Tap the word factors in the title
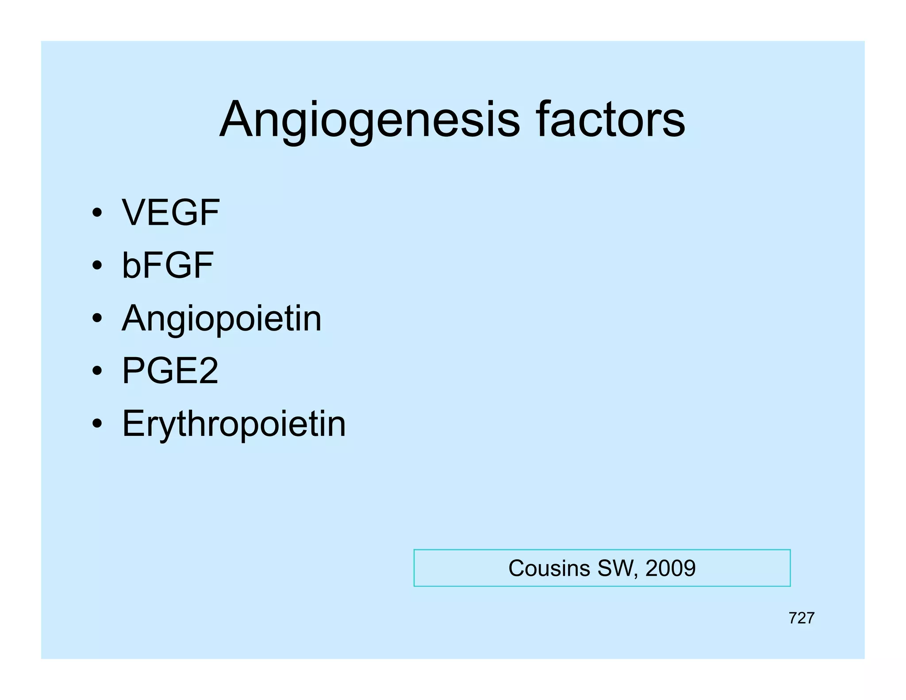(610, 119)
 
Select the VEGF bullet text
(170, 213)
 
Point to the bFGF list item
(167, 265)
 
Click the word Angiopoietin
(222, 319)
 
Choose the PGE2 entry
(170, 371)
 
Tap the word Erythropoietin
(234, 424)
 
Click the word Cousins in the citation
(549, 568)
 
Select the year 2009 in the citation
(670, 568)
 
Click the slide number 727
(801, 618)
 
